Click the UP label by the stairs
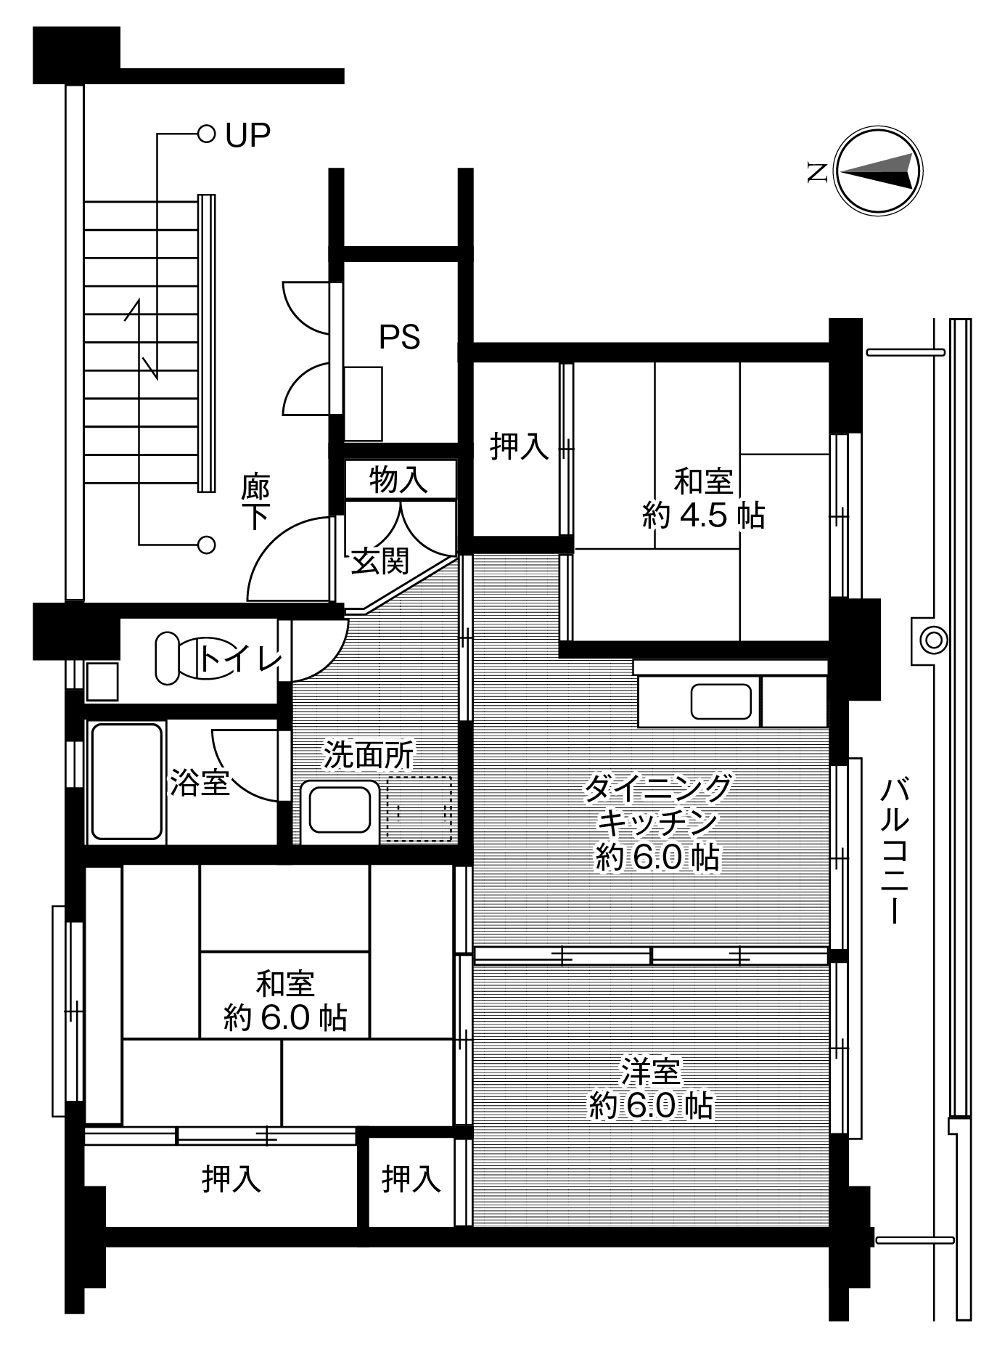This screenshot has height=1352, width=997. [x=247, y=135]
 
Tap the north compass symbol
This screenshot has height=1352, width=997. [x=879, y=172]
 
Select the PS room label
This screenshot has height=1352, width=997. [x=399, y=338]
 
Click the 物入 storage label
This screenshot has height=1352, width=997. [x=398, y=480]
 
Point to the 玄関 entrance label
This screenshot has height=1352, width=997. [x=380, y=561]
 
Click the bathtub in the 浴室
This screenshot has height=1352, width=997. [x=126, y=782]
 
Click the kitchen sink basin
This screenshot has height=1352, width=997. [x=721, y=701]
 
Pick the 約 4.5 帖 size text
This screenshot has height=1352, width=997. [x=703, y=516]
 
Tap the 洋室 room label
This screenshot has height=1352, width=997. [x=650, y=1071]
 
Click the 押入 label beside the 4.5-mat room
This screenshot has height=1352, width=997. [x=520, y=446]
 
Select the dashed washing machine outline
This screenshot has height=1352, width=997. [x=419, y=809]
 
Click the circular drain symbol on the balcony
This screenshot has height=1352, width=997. [x=932, y=640]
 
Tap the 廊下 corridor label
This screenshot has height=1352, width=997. [x=256, y=501]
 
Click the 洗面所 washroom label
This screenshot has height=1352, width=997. [x=369, y=755]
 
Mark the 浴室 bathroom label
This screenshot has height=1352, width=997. [x=200, y=783]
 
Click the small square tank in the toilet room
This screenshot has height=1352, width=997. [x=102, y=681]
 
